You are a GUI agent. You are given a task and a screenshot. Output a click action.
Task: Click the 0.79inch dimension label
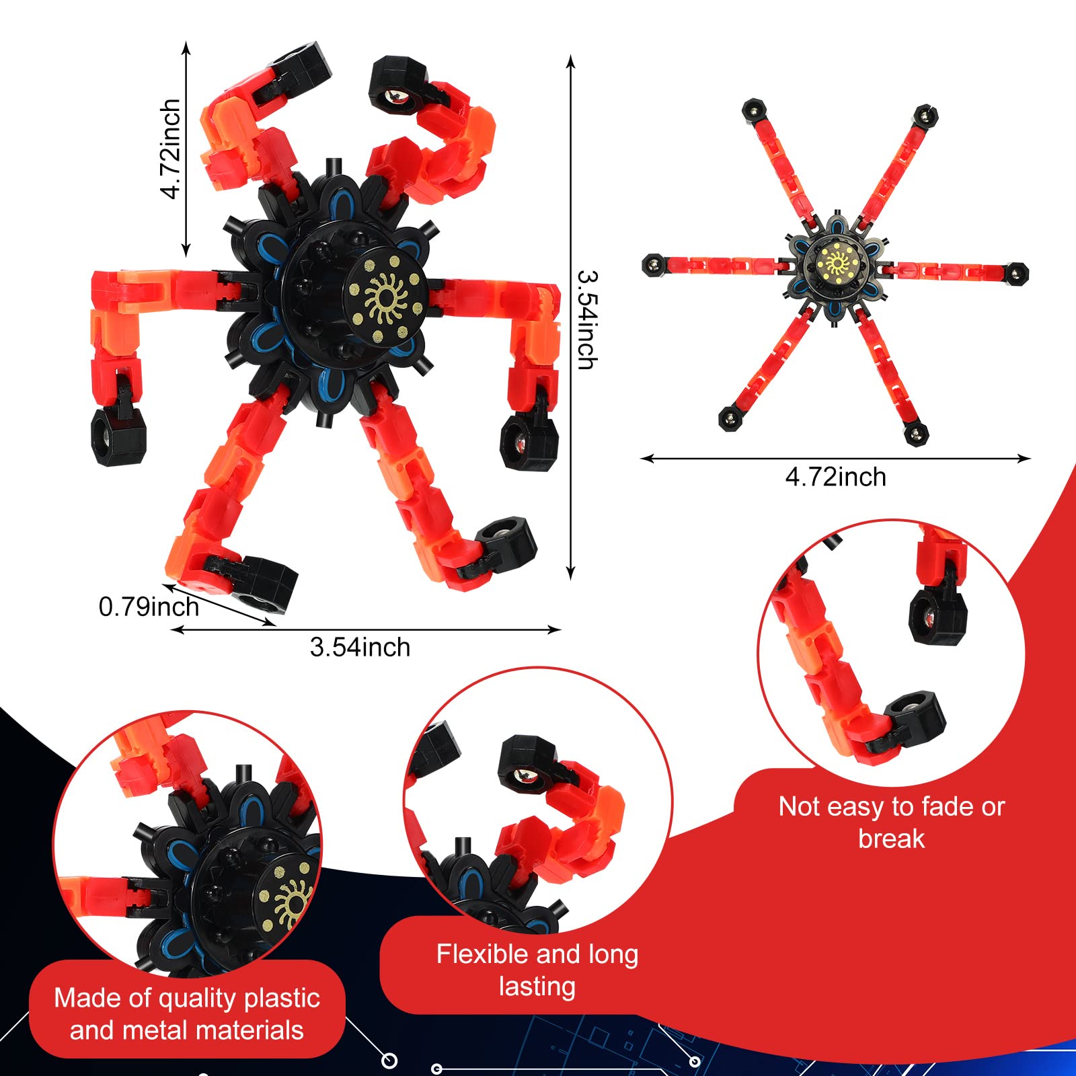coord(149,607)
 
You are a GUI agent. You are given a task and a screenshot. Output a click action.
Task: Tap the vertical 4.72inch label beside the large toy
coord(171,149)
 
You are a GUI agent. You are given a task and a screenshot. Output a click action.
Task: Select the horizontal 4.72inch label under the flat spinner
coord(836,477)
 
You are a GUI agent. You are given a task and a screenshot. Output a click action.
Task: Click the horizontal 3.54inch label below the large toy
coord(360,647)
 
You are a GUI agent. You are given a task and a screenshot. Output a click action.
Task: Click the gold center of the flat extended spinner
coord(836,262)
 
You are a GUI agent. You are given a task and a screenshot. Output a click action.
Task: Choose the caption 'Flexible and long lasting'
coord(537,970)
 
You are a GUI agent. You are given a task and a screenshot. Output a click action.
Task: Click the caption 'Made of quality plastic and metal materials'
coord(187,1014)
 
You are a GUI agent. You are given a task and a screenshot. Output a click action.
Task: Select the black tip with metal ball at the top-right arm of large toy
coord(397,85)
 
